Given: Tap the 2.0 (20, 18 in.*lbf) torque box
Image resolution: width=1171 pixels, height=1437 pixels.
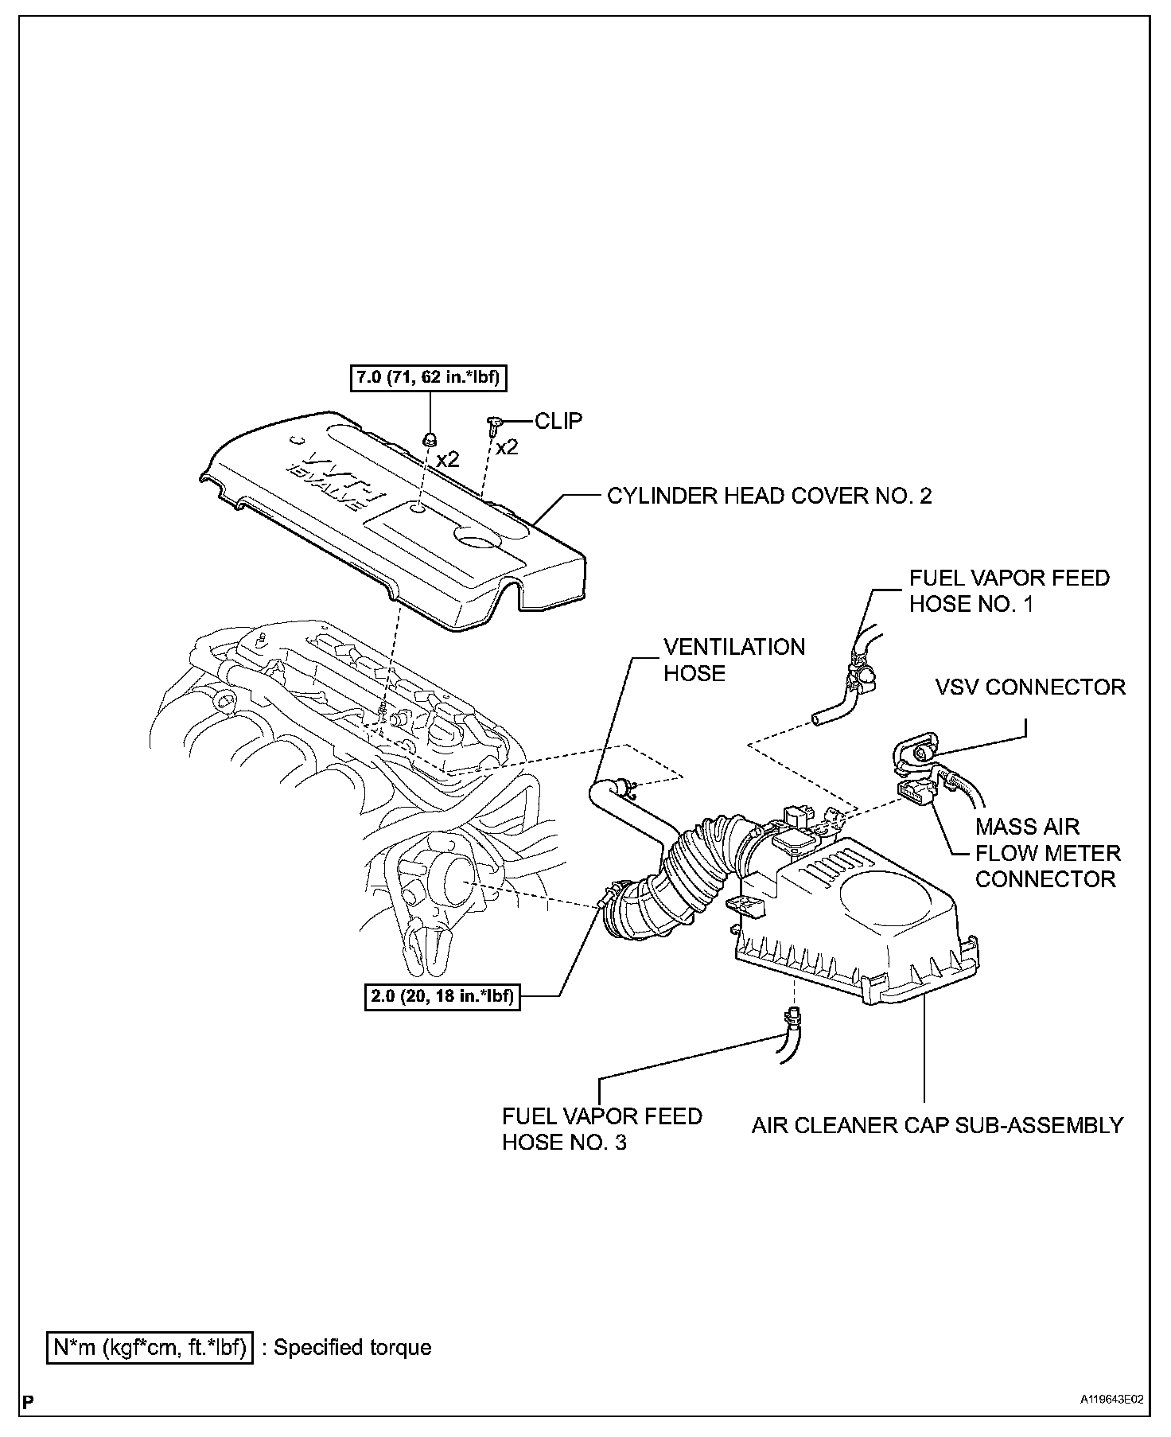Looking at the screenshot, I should tap(442, 995).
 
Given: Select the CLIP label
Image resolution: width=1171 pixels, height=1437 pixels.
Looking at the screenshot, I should tap(558, 421).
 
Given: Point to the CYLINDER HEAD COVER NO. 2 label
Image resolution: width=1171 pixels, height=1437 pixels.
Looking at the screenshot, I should tap(769, 496).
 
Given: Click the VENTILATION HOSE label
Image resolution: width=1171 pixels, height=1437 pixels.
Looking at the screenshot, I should tap(734, 660).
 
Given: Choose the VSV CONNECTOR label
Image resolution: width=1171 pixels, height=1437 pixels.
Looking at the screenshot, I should tap(1030, 687).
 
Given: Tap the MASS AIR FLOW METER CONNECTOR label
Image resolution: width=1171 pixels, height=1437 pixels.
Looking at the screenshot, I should tap(1047, 853).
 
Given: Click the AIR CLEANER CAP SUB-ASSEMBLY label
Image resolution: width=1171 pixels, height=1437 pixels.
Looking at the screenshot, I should tap(937, 1125).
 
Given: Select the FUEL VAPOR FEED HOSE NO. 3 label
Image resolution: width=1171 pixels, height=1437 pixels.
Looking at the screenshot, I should tap(601, 1129).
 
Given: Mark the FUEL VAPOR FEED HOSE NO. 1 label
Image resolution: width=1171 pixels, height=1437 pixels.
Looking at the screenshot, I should tap(1009, 590).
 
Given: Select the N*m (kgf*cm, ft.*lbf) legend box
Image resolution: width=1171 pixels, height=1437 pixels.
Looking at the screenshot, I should tap(150, 1347).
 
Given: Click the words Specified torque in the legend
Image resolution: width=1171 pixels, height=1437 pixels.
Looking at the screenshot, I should tap(352, 1347).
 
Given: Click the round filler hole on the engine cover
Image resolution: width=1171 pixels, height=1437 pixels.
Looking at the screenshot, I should tap(480, 543).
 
